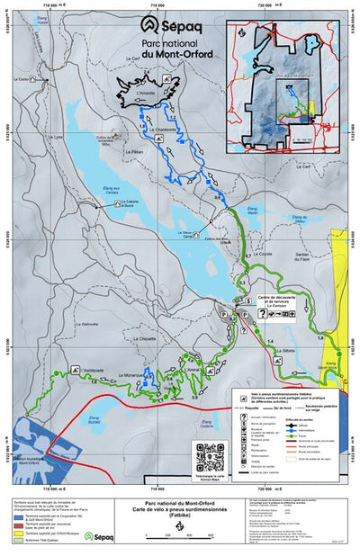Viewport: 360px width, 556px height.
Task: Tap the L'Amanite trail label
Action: [147, 94]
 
